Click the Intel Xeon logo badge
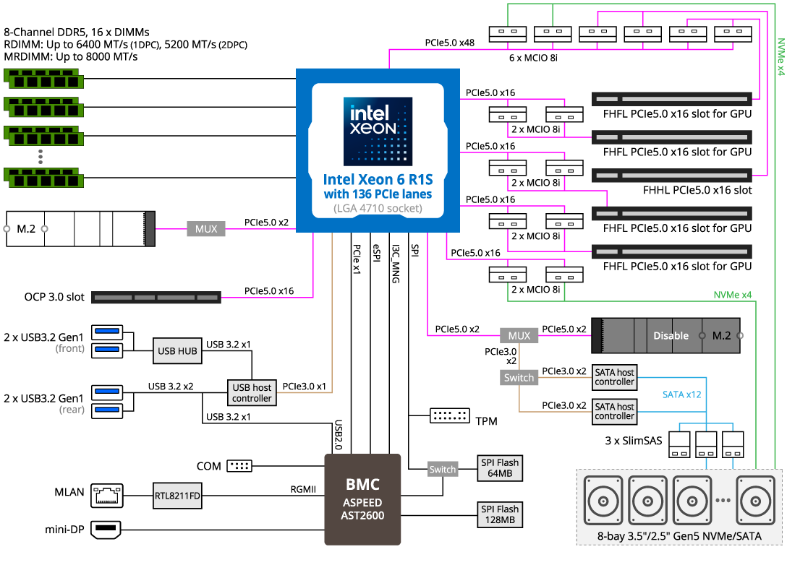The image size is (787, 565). pyautogui.click(x=378, y=131)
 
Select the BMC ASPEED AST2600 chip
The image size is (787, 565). pyautogui.click(x=362, y=504)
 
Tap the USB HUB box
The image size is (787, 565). pyautogui.click(x=177, y=352)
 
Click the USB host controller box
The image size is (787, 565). pyautogui.click(x=252, y=393)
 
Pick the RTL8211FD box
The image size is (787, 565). pyautogui.click(x=177, y=496)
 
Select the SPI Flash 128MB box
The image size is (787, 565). pyautogui.click(x=500, y=514)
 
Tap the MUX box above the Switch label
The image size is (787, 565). pyautogui.click(x=519, y=336)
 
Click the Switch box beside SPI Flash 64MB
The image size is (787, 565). pyautogui.click(x=443, y=470)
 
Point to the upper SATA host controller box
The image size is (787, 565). pyautogui.click(x=615, y=377)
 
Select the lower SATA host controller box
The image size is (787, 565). pyautogui.click(x=615, y=411)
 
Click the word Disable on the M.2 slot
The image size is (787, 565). pyautogui.click(x=671, y=336)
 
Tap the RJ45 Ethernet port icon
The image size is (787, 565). pyautogui.click(x=107, y=496)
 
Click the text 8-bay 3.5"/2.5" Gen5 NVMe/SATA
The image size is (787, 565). pyautogui.click(x=679, y=536)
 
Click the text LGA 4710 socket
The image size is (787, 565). pyautogui.click(x=378, y=209)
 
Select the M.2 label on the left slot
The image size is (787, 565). pyautogui.click(x=26, y=229)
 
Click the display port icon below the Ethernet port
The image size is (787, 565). pyautogui.click(x=107, y=530)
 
